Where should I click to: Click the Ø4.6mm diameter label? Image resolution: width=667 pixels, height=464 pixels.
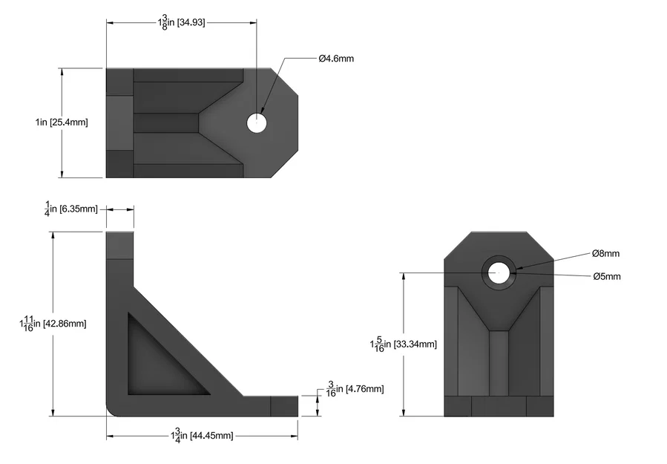coord(336,59)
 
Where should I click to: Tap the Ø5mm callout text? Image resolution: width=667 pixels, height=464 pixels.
coord(606,276)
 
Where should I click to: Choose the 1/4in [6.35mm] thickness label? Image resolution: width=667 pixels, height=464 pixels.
coord(71,209)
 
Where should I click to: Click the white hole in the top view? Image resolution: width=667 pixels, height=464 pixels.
coord(257,122)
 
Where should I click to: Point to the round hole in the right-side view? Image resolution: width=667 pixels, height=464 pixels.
coord(499,272)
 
